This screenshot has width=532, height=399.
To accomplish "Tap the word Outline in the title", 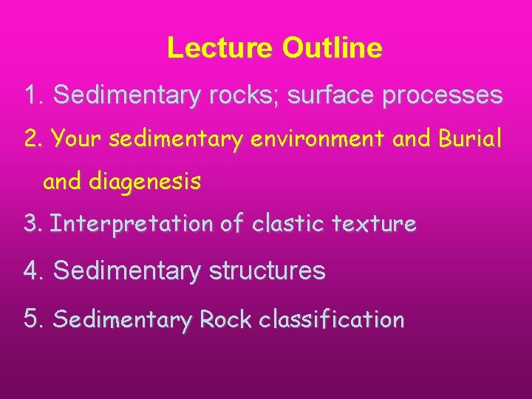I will tap(332, 48).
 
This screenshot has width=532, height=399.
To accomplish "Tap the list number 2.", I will tap(33, 139).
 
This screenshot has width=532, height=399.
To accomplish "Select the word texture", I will tap(380, 224).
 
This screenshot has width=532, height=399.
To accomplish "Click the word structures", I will tap(267, 271).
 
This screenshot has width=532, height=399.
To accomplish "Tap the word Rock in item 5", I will tap(222, 319).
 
